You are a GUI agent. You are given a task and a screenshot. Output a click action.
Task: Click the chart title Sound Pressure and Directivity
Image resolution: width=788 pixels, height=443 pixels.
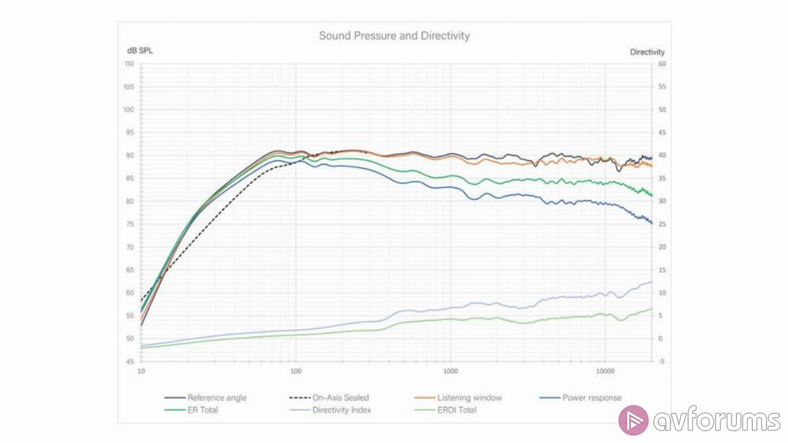(x=394, y=35)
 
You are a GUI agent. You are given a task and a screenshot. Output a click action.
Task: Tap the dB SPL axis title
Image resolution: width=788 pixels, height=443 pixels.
(x=140, y=51)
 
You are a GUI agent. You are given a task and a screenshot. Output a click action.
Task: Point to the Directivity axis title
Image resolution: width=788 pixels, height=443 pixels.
(x=647, y=52)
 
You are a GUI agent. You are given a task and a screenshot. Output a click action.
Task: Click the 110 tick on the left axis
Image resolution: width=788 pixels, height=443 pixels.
(x=129, y=64)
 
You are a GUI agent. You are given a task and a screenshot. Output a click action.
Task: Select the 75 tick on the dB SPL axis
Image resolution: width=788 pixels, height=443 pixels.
(x=130, y=224)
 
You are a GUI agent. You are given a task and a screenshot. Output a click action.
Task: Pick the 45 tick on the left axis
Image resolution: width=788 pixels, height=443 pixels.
(x=130, y=361)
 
